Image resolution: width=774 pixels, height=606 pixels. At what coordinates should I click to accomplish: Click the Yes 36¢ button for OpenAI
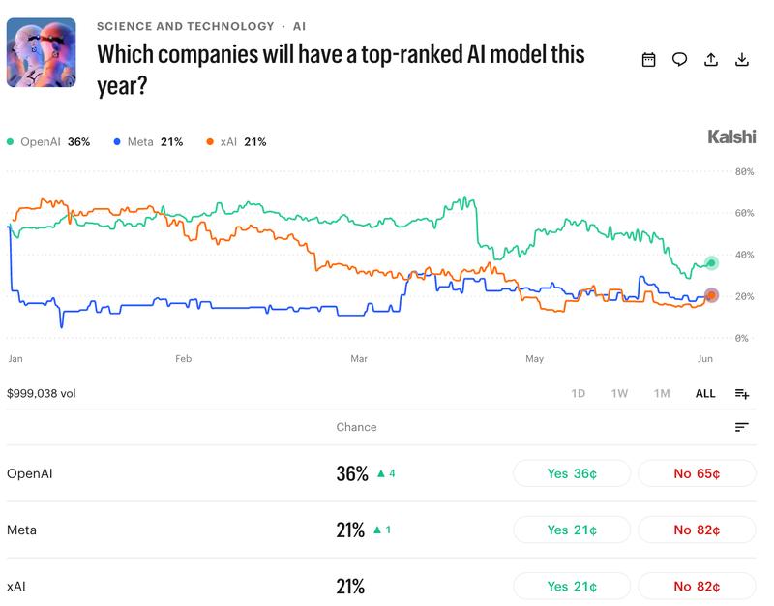tap(572, 473)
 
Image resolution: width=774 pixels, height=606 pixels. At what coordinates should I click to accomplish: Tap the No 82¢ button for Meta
tap(697, 530)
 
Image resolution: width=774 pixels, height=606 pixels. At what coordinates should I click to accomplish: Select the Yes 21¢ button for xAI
tap(572, 587)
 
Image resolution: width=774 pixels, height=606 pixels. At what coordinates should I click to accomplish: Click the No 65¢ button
tap(697, 473)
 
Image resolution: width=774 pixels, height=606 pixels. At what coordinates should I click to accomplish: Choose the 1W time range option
tap(619, 394)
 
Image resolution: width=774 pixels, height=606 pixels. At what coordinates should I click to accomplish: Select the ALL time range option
tap(705, 394)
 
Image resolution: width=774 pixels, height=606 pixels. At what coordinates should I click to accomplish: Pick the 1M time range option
tap(662, 394)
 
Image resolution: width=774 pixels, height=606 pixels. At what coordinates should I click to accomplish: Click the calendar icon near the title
tap(648, 60)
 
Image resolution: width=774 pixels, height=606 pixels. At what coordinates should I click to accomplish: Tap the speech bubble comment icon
tap(680, 60)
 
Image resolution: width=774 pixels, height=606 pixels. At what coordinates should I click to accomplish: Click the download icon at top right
tap(742, 60)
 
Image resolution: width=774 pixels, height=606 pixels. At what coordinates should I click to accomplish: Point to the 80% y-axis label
tap(744, 172)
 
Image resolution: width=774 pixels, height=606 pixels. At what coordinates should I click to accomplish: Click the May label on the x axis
tap(535, 358)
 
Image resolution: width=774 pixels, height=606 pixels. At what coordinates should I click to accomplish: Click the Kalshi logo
tap(731, 136)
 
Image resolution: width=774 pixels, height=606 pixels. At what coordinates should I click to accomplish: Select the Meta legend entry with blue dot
tap(148, 142)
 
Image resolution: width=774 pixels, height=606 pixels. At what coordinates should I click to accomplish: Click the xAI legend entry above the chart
tap(236, 142)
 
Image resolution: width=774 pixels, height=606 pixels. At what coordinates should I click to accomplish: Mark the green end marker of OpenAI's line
tap(711, 263)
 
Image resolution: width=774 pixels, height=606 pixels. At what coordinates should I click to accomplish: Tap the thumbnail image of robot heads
tap(42, 52)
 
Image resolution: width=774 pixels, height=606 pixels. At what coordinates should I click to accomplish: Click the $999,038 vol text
tap(42, 394)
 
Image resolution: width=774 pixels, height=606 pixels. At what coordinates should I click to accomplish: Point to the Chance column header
tap(356, 427)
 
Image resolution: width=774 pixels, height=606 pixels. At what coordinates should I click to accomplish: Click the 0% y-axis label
tap(741, 338)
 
